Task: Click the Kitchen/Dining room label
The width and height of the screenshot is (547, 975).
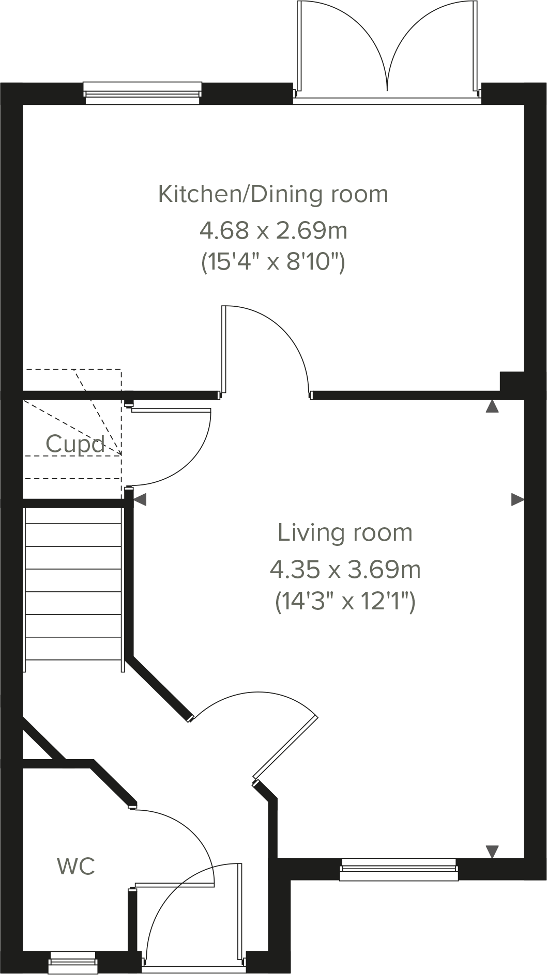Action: point(273,194)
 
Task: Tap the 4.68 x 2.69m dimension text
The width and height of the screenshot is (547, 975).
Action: point(273,230)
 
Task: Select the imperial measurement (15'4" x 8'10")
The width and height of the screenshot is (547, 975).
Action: point(273,263)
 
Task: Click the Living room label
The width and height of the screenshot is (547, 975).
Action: point(345,532)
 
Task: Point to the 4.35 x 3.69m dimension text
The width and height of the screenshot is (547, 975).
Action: point(345,570)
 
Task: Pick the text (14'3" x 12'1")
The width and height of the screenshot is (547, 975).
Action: point(345,602)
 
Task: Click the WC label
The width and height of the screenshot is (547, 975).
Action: point(76,867)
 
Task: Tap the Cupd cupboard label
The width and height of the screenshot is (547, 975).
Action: point(75,444)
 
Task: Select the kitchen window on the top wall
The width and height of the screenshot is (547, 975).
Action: point(143,92)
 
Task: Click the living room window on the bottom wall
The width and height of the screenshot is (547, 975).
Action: point(399,869)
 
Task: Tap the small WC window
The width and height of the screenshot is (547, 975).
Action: point(73,960)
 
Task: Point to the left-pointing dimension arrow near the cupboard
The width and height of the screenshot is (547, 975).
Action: point(140,499)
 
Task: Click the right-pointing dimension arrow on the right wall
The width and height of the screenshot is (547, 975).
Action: point(518,499)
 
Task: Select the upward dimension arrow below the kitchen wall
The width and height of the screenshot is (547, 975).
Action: point(492,406)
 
